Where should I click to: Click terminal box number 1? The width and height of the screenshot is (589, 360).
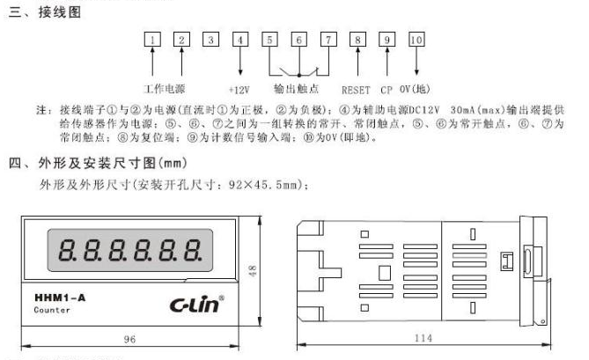tap(153, 40)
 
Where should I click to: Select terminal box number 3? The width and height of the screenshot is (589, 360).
tap(210, 40)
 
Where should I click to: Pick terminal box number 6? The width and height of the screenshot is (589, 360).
tap(299, 40)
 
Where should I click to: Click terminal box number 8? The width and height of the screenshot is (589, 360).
tap(357, 40)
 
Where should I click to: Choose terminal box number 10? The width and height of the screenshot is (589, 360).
tap(416, 40)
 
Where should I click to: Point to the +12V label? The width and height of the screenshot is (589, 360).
tap(239, 91)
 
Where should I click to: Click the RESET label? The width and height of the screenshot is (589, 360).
tap(357, 91)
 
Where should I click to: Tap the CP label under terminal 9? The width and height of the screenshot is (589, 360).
tap(387, 91)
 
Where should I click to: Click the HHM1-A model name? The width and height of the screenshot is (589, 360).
tap(60, 298)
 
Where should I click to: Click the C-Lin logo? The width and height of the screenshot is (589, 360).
tap(197, 304)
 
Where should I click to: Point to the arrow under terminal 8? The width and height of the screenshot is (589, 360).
tap(357, 62)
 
